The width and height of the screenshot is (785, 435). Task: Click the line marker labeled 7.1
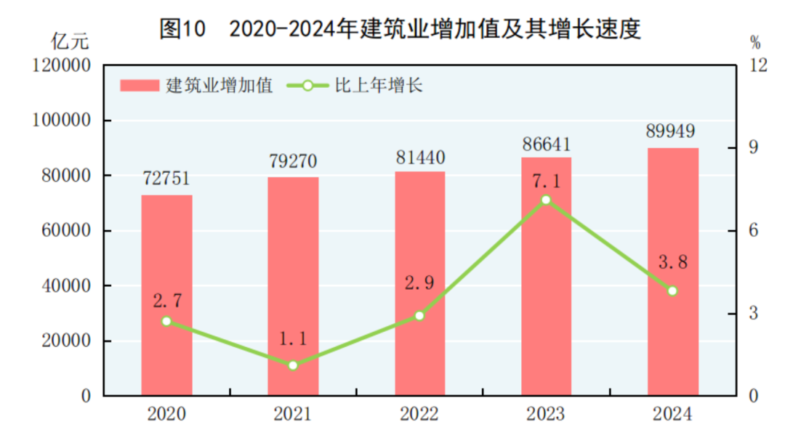pyautogui.click(x=546, y=200)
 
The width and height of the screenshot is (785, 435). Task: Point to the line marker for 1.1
pyautogui.click(x=293, y=365)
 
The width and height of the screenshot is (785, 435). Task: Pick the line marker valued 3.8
pyautogui.click(x=672, y=290)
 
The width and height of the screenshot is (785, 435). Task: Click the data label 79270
pyautogui.click(x=293, y=160)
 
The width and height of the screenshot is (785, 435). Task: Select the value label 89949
pyautogui.click(x=672, y=131)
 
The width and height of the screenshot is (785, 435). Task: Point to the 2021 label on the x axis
pyautogui.click(x=293, y=415)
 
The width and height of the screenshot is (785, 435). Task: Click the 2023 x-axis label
pyautogui.click(x=546, y=415)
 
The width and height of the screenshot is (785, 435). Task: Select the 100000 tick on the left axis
pyautogui.click(x=62, y=121)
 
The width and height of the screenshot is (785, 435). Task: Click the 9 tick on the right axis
pyautogui.click(x=753, y=148)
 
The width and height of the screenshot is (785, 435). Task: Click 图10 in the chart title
pyautogui.click(x=182, y=28)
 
